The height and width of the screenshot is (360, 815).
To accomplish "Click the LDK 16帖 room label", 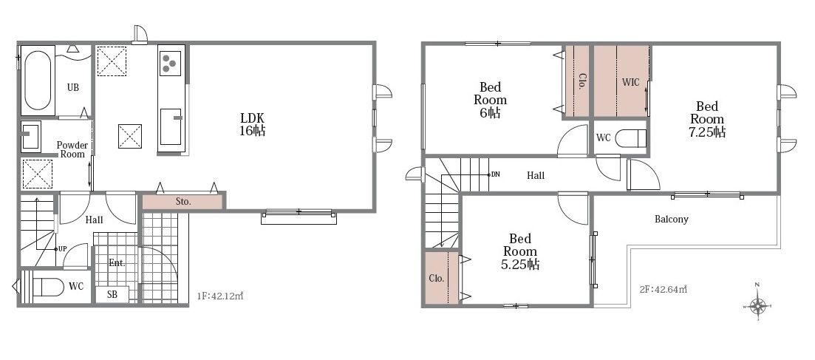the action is coord(252,123).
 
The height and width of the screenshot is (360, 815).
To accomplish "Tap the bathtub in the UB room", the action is coord(38,81).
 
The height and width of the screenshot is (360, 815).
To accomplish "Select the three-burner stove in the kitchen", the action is coord(170,64).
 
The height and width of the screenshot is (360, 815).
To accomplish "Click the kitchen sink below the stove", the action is coord(171,126).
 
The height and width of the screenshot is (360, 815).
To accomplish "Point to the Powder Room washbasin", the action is coord(31,136).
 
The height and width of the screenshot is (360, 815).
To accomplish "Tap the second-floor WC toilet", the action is coord(630,138).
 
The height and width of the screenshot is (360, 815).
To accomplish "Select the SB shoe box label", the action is coord(112,294).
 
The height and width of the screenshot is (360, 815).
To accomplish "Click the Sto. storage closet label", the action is coord(183,202).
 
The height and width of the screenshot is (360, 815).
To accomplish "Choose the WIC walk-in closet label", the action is coord(631,81).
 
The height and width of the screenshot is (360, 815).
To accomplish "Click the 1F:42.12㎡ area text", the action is coord(220,296).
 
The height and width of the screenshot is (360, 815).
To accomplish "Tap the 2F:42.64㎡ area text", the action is coord(664,289).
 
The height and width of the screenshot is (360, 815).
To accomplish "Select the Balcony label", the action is coord(672,219).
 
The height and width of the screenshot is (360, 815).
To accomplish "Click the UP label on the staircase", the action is coord(62,248).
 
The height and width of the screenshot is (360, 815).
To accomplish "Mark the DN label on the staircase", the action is coord(495,174).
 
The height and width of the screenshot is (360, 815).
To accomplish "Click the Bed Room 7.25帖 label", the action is coord(707,119).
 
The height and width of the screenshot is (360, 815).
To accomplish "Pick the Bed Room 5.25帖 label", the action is coord(519,251).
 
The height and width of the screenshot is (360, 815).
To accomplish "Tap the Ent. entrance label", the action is coord(117,263).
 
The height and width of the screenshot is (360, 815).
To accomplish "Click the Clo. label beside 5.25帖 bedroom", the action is coord(437,279).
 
